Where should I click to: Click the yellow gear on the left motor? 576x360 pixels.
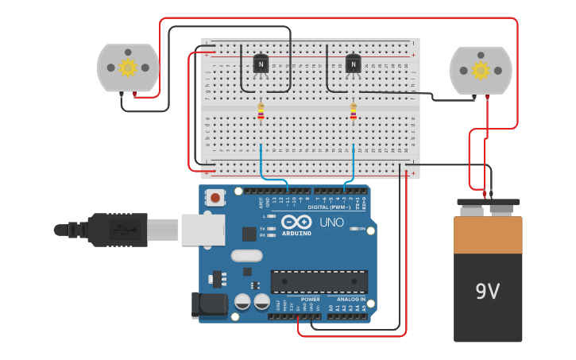pyautogui.click(x=128, y=68)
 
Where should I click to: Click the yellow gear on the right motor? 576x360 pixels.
pyautogui.click(x=480, y=70)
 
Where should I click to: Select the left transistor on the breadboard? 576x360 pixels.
pyautogui.click(x=261, y=64)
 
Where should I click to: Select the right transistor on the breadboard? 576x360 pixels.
pyautogui.click(x=354, y=64)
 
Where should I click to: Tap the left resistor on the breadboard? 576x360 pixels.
pyautogui.click(x=261, y=112)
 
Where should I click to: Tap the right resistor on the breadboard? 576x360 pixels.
pyautogui.click(x=354, y=112)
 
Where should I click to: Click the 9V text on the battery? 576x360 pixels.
pyautogui.click(x=487, y=292)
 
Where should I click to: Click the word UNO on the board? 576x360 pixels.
pyautogui.click(x=331, y=223)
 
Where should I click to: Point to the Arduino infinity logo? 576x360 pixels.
pyautogui.click(x=296, y=223)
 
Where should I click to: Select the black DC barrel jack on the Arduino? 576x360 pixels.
pyautogui.click(x=205, y=307)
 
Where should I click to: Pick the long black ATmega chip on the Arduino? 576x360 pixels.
pyautogui.click(x=319, y=281)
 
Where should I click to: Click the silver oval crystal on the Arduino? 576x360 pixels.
pyautogui.click(x=246, y=256)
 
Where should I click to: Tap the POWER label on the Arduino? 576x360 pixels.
pyautogui.click(x=310, y=300)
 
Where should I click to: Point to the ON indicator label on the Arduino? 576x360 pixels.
pyautogui.click(x=361, y=229)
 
